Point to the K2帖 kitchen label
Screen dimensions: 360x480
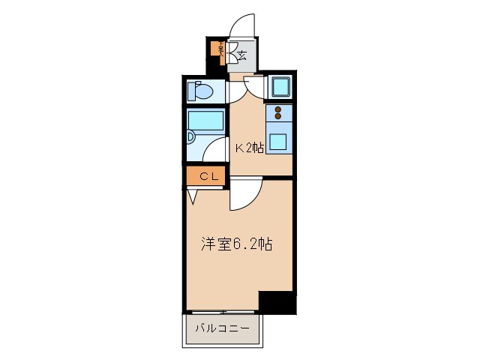(250, 148)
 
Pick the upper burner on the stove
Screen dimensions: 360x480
(278, 109)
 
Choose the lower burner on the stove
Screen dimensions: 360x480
(278, 117)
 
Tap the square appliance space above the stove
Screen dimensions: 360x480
(280, 88)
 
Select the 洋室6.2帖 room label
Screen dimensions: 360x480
(235, 244)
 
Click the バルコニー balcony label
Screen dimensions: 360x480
(223, 328)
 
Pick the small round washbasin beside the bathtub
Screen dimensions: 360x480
(190, 139)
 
